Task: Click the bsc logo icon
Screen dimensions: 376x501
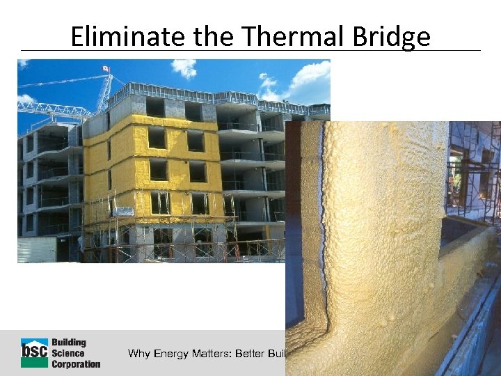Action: point(34,352)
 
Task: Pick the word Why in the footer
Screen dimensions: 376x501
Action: point(139,354)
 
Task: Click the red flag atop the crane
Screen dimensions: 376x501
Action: point(106,68)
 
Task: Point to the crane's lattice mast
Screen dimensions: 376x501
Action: point(105,91)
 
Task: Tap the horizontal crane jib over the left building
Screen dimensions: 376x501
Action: point(52,108)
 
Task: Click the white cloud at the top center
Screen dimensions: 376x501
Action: point(185,67)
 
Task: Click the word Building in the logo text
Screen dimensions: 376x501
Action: point(69,343)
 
